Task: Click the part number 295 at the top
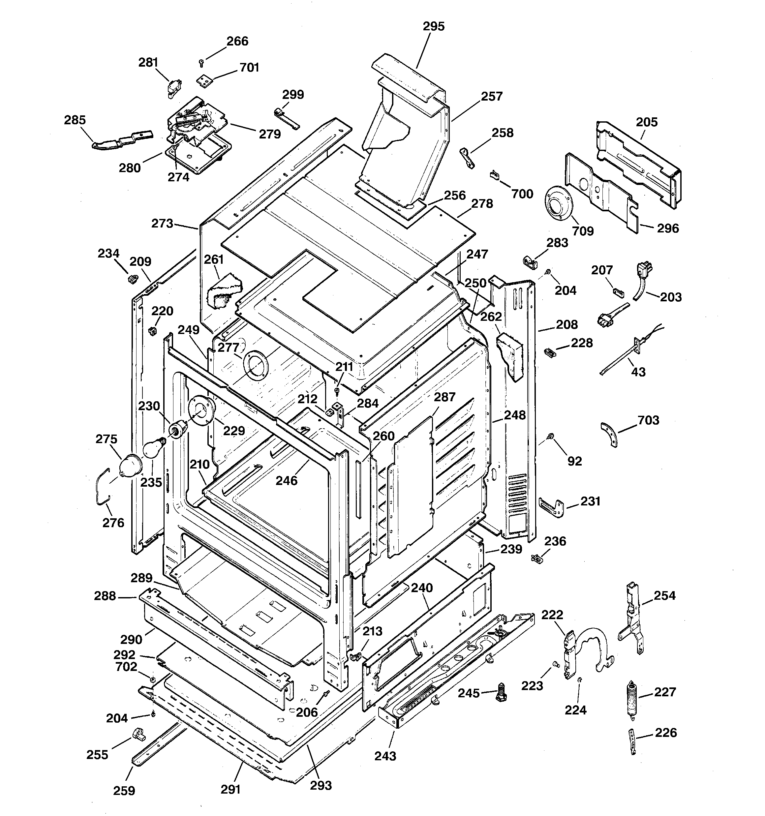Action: pyautogui.click(x=434, y=26)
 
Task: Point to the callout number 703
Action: pyautogui.click(x=648, y=420)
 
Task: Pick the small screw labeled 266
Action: pyautogui.click(x=201, y=62)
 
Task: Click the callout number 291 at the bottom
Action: pyautogui.click(x=230, y=789)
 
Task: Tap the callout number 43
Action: pyautogui.click(x=638, y=372)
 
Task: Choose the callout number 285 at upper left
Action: pyautogui.click(x=75, y=120)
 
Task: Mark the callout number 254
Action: pyautogui.click(x=664, y=595)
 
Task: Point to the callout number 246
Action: pyautogui.click(x=286, y=480)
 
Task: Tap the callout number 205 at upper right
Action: pyautogui.click(x=647, y=122)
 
